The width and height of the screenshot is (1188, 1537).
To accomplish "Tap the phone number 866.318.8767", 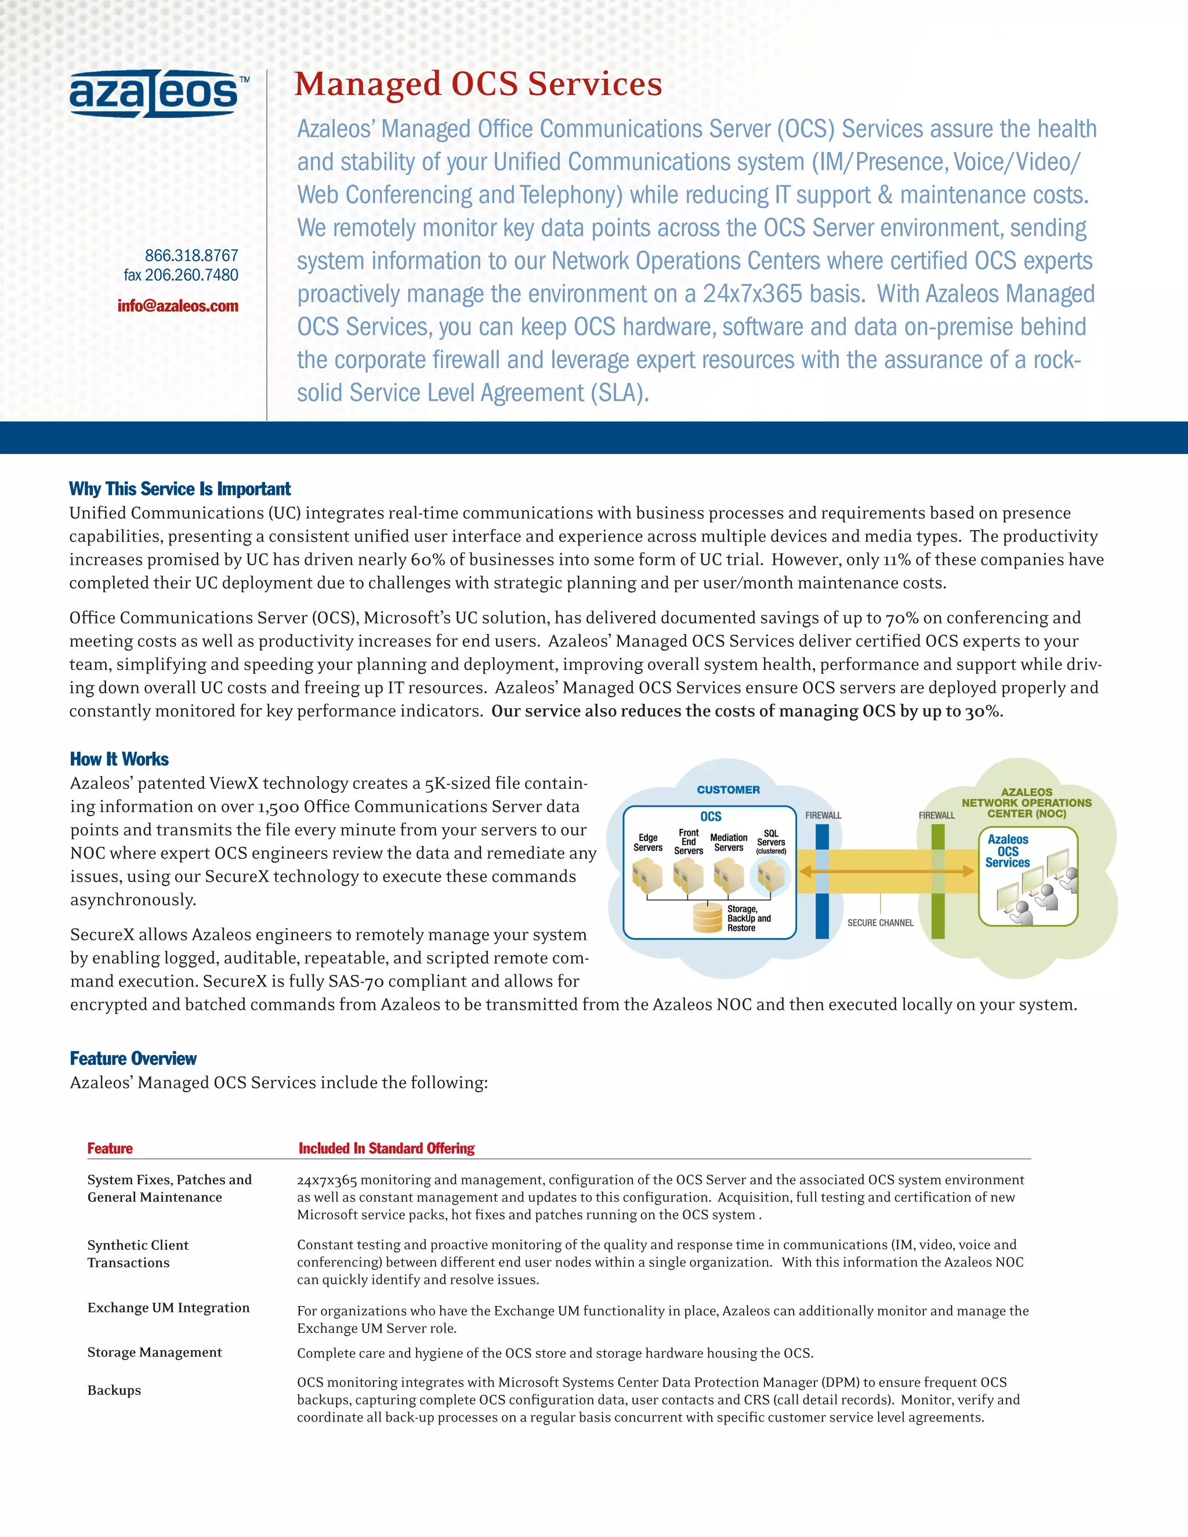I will pos(191,255).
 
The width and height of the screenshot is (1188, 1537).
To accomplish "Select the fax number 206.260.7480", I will pos(181,275).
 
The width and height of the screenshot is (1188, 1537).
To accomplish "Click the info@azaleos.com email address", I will pos(178,306).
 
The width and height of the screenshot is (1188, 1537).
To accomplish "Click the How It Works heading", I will pos(119,759).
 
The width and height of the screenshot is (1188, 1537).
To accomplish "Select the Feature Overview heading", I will pos(133,1058).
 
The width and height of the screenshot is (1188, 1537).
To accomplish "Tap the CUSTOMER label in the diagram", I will pos(728,789).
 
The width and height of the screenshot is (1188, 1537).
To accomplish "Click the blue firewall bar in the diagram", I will pos(822,881).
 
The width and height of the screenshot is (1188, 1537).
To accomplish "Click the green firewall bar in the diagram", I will pos(937,881).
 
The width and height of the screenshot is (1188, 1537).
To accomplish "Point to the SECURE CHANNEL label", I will pos(880,923).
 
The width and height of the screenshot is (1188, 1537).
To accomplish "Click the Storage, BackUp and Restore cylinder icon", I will pos(707,918).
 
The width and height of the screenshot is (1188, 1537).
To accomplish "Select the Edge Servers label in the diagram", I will pos(647,842).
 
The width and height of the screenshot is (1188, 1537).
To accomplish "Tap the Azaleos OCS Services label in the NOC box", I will pos(1007,851).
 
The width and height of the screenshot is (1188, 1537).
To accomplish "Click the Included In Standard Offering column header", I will pos(386,1148).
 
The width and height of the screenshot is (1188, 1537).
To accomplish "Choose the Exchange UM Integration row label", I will pos(168,1307).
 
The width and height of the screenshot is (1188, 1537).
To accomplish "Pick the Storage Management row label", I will pos(154,1352).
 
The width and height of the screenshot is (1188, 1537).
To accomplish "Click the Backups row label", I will pos(114,1390).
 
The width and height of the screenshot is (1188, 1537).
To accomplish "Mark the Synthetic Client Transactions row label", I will pos(137,1253).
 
